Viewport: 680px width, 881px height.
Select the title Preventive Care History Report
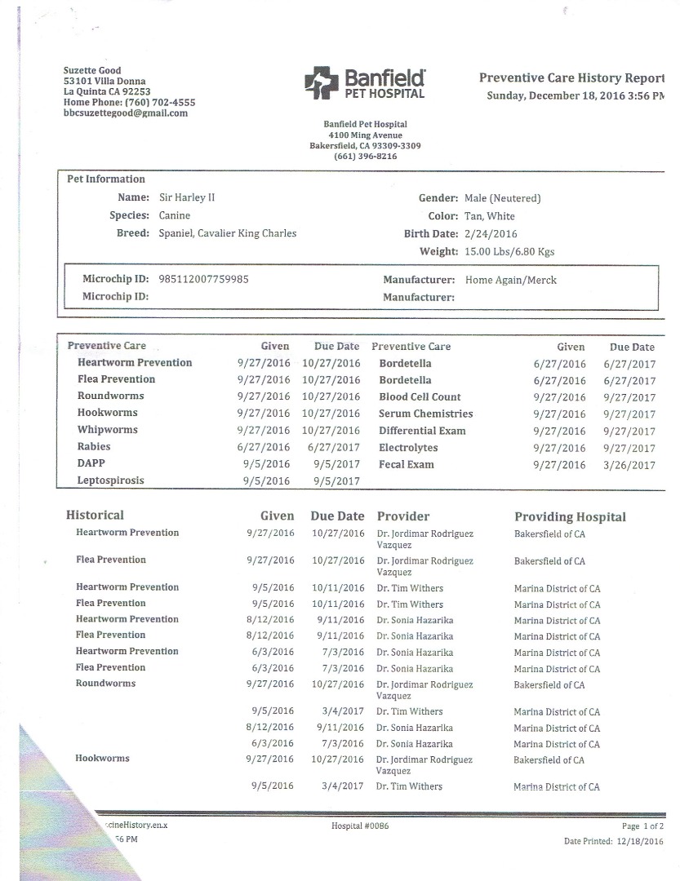[571, 78]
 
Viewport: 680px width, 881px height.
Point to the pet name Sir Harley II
[187, 197]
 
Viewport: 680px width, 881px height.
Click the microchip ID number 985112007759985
[204, 279]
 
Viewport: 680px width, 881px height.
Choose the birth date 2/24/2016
[488, 234]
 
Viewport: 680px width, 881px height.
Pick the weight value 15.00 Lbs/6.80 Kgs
[509, 252]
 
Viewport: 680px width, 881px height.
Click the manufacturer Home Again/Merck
[510, 280]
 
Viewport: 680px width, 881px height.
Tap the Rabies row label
[94, 447]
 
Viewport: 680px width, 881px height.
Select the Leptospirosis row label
[110, 480]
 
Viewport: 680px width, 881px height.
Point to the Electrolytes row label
[408, 448]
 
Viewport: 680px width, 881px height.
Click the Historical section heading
[95, 516]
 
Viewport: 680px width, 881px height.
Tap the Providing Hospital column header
[570, 517]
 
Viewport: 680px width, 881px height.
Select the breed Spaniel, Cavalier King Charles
[228, 233]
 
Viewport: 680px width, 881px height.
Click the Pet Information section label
[104, 179]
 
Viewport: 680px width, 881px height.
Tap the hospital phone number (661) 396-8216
[366, 157]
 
